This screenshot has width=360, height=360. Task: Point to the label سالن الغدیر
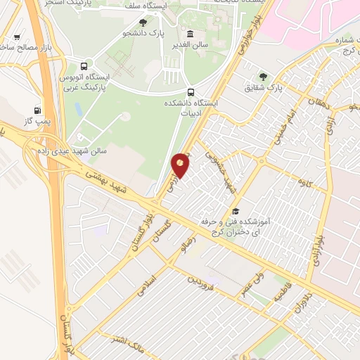[190, 45]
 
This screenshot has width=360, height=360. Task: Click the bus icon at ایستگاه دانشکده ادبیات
[191, 91]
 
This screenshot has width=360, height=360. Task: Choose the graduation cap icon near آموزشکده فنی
[236, 211]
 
